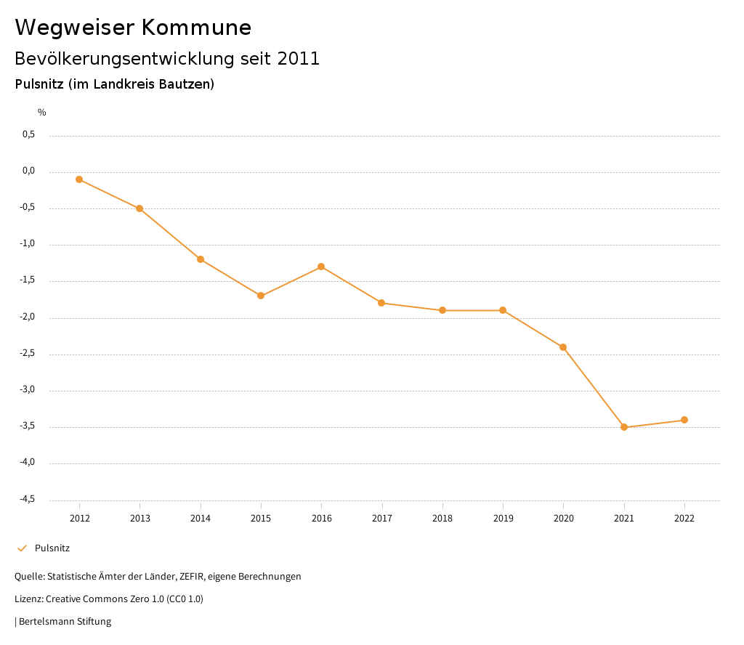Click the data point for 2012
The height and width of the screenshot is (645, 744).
coord(79,179)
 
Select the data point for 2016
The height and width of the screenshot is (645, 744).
coord(321,267)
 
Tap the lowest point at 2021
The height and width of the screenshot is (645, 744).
coord(624,427)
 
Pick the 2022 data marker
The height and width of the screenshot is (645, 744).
coord(684,420)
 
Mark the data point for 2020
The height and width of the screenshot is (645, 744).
coord(563,347)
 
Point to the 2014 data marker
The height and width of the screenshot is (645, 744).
coord(201,259)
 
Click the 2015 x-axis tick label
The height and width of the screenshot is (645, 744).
coord(261,519)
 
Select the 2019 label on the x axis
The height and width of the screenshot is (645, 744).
coord(503,519)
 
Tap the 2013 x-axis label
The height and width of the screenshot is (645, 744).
coord(140,519)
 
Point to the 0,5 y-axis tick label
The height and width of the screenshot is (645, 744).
coord(28,134)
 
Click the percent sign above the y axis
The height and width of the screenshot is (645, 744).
coord(42,113)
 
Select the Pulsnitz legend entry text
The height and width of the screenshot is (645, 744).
coord(52,548)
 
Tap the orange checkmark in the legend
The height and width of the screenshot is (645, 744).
coord(22,548)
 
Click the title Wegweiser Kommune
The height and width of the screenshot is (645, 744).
coord(133,28)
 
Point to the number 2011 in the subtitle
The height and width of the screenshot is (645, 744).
coord(298,59)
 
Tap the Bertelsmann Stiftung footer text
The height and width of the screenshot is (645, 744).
coord(65,622)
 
